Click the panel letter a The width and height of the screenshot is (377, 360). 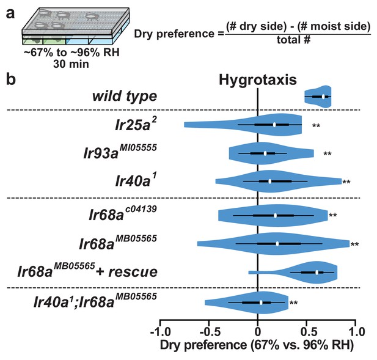(10, 13)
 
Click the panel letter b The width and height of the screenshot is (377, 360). (11, 79)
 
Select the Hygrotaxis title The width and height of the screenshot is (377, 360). (258, 80)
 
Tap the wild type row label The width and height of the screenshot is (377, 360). (125, 96)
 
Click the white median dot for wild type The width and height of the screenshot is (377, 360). (323, 97)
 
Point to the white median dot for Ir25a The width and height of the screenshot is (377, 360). (274, 125)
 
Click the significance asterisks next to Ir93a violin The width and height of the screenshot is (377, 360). (328, 153)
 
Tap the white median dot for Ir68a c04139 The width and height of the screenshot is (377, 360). (276, 215)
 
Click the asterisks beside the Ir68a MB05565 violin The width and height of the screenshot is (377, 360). (354, 244)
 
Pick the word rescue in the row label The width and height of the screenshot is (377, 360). (133, 273)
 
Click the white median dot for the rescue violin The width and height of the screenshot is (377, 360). (317, 272)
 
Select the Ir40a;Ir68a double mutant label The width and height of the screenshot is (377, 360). (95, 301)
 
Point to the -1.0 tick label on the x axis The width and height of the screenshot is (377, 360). (160, 332)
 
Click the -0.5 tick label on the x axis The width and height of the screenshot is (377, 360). (209, 332)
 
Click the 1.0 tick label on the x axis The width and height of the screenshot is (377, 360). (357, 332)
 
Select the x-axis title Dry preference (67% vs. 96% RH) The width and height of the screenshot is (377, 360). (257, 345)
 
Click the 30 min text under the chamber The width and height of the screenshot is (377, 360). (71, 64)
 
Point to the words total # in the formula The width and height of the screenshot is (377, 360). (293, 40)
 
